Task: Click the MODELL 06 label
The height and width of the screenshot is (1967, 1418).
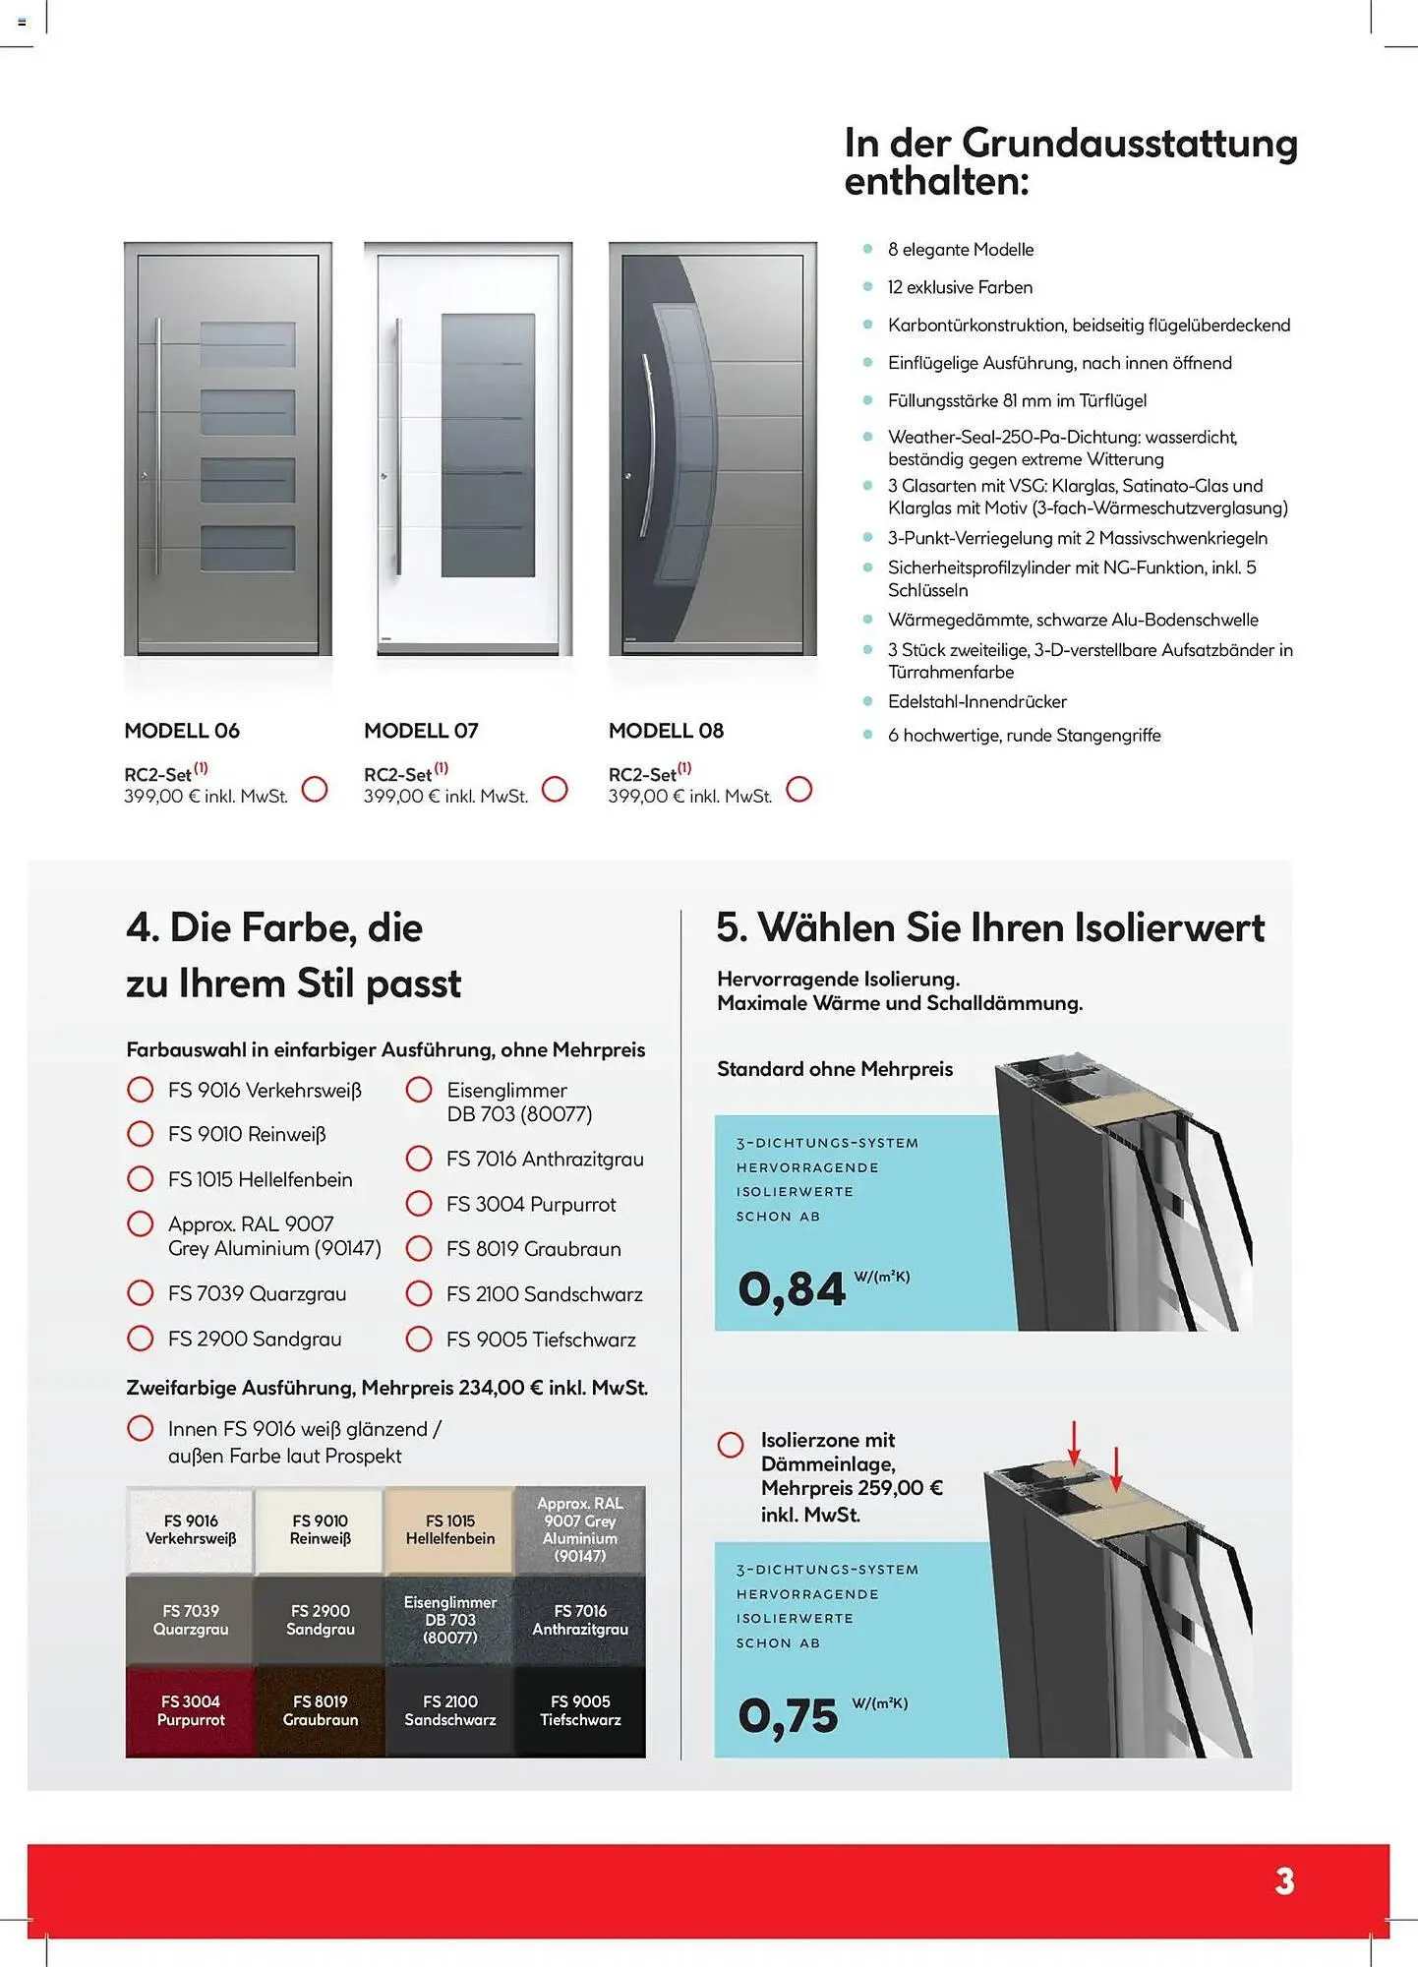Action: click(x=182, y=731)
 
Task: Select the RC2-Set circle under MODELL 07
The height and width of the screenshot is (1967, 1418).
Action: click(x=555, y=789)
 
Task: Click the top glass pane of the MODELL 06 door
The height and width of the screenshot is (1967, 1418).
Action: click(x=248, y=344)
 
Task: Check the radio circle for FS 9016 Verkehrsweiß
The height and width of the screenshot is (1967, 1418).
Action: click(x=141, y=1090)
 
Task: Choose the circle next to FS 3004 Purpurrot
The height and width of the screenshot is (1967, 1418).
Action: click(x=419, y=1204)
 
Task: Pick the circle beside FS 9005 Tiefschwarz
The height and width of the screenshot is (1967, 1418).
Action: click(x=419, y=1339)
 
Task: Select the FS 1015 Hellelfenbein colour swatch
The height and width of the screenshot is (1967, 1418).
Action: click(x=449, y=1530)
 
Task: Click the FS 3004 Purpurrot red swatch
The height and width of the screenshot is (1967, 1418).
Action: click(x=191, y=1711)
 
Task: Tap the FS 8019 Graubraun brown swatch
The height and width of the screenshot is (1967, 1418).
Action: click(x=320, y=1711)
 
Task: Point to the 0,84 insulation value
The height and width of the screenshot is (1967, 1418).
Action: click(x=792, y=1289)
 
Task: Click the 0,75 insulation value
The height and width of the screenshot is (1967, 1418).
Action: click(x=789, y=1716)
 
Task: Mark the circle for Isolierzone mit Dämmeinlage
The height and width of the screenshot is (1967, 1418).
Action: click(x=731, y=1445)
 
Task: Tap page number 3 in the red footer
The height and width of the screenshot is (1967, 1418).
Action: click(x=1284, y=1881)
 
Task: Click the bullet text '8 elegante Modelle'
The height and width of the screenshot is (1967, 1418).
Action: click(x=960, y=250)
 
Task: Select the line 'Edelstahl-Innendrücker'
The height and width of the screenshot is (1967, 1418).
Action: click(x=976, y=702)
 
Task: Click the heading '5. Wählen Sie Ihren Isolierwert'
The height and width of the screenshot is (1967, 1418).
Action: click(x=989, y=928)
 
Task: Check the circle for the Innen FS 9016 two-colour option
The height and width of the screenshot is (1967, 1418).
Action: click(x=141, y=1428)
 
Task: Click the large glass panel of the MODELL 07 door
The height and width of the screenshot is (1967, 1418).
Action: click(x=488, y=445)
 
